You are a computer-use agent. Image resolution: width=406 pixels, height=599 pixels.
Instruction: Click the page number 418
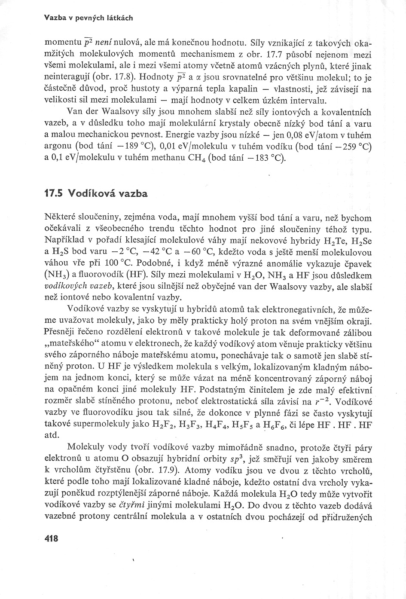51,539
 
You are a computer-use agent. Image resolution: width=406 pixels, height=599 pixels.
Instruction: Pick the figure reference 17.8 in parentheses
126,78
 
